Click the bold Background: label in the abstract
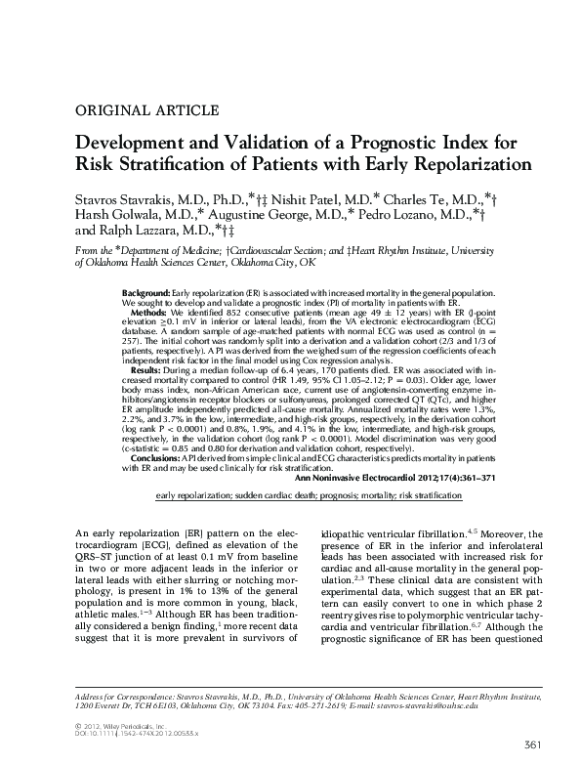(151, 294)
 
